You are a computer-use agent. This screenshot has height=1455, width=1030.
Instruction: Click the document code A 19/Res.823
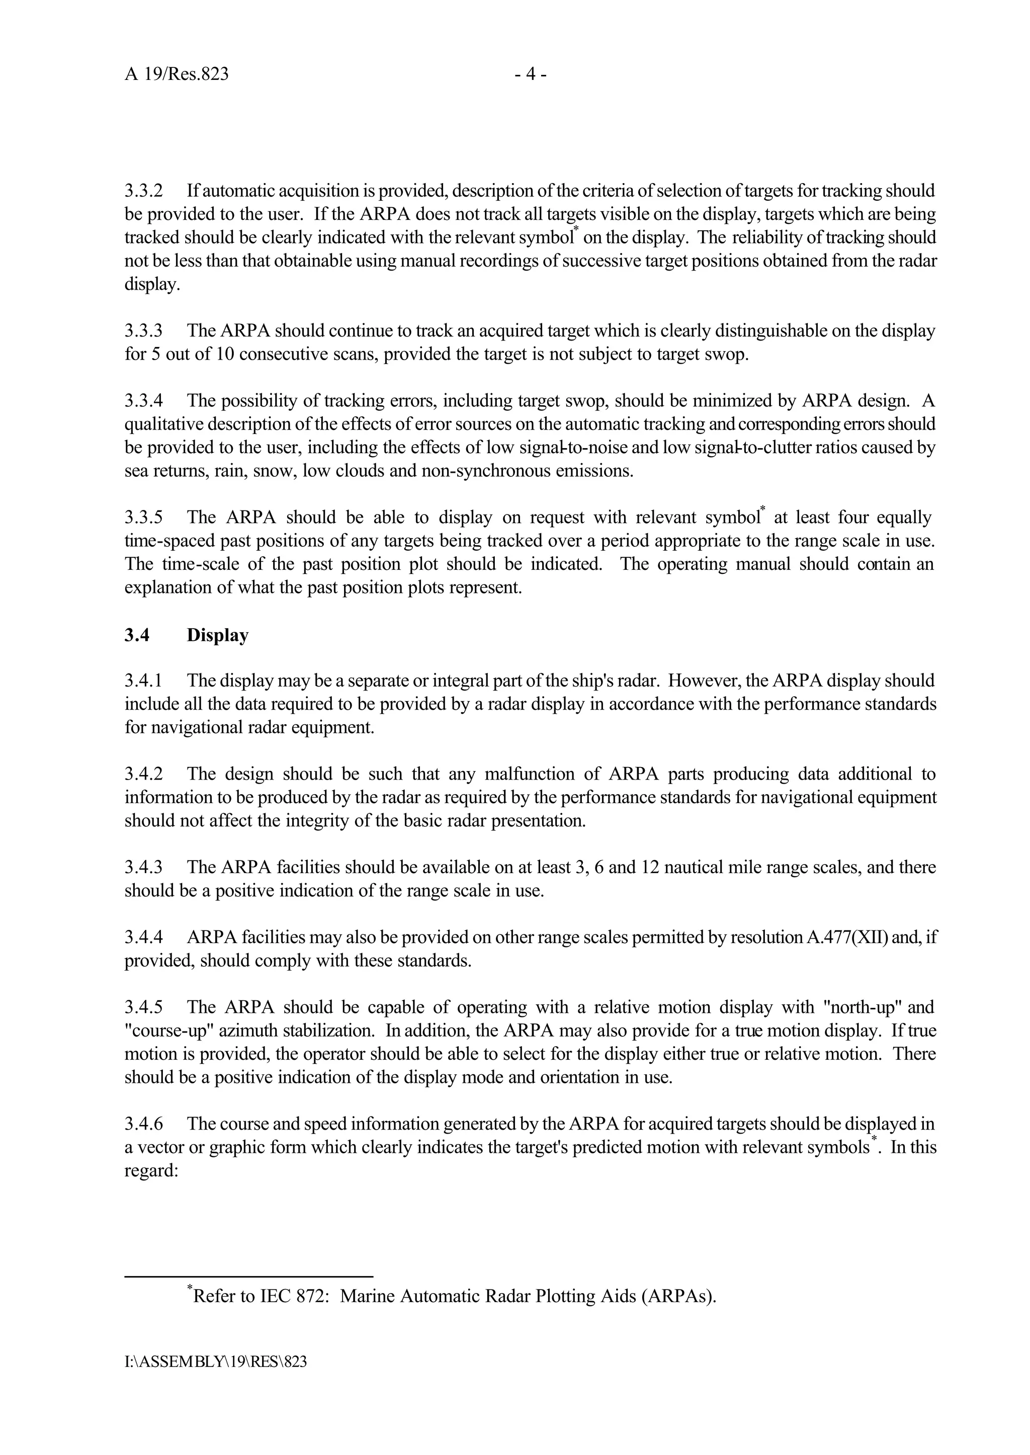177,75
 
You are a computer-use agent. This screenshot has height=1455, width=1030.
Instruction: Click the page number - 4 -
530,75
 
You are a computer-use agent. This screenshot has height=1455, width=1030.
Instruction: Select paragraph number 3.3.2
143,191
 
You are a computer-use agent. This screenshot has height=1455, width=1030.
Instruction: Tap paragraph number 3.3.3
143,331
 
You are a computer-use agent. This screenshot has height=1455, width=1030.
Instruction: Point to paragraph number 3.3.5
143,518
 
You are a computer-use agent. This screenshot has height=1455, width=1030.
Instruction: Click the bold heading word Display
218,636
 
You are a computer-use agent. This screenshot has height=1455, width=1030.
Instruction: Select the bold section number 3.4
136,636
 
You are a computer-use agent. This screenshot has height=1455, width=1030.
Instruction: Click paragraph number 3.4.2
143,774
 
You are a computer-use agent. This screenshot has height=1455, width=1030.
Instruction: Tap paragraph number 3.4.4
143,937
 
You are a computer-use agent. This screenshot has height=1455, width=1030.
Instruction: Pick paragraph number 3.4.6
143,1124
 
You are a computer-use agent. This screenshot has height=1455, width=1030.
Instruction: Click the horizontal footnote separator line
248,1276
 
